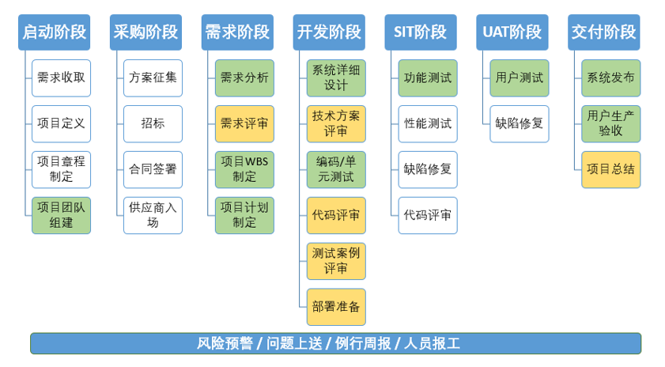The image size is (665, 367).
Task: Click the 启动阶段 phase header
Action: pos(54,32)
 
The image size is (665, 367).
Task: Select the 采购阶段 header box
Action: pos(145,32)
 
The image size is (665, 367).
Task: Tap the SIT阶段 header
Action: pos(420,32)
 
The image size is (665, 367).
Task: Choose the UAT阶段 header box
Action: pos(512,32)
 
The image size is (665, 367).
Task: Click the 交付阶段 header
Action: pos(603,32)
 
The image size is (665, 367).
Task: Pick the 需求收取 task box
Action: pos(61,78)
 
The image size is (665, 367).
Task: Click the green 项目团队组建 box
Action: pos(61,215)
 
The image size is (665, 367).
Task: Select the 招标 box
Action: pos(153,123)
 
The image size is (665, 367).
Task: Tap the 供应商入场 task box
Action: pos(153,215)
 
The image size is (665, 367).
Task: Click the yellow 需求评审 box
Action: pos(244,123)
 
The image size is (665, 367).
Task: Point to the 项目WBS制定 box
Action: pos(244,169)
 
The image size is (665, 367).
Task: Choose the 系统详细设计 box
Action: pos(336,78)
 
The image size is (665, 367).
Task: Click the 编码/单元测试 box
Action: pos(336,169)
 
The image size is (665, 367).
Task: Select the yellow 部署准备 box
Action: pos(336,307)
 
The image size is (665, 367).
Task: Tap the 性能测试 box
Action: pos(428,123)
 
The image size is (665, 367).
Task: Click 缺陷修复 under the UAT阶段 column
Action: pos(520,123)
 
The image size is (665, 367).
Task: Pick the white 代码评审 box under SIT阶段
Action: pos(428,215)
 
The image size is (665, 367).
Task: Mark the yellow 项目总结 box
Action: pos(610,169)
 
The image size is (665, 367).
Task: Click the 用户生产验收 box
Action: pos(610,123)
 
